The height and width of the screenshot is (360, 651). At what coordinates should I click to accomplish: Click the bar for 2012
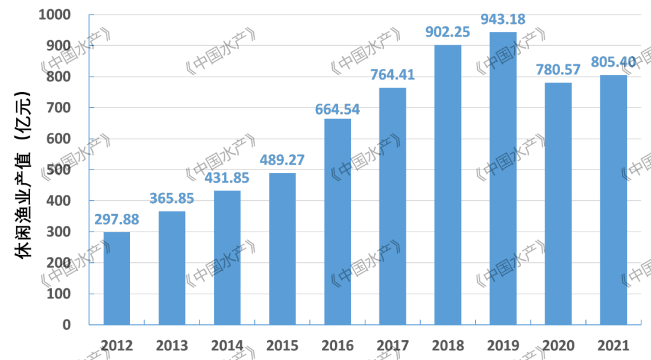tap(116, 278)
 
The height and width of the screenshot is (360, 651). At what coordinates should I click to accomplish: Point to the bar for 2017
tap(392, 206)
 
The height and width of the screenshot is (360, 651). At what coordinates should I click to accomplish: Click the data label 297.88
tap(116, 219)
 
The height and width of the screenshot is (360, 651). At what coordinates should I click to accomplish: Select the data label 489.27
tap(282, 160)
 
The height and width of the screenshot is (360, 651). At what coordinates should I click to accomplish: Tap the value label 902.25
tap(448, 32)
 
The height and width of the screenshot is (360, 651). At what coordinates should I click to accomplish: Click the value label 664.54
tap(338, 109)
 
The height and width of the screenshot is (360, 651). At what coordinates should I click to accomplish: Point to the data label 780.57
tap(558, 70)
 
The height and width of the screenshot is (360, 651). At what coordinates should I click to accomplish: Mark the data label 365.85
tap(172, 198)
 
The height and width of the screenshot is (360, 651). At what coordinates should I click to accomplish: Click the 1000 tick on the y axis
tap(55, 14)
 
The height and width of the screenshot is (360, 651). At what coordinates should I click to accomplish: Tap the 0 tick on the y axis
tap(66, 324)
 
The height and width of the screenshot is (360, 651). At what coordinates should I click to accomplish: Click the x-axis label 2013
tap(172, 346)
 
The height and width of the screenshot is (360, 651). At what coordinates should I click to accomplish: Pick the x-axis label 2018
tap(448, 346)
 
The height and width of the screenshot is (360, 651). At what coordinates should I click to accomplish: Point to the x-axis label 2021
tap(613, 346)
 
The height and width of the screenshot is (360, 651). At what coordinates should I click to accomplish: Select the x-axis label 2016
tap(338, 346)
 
